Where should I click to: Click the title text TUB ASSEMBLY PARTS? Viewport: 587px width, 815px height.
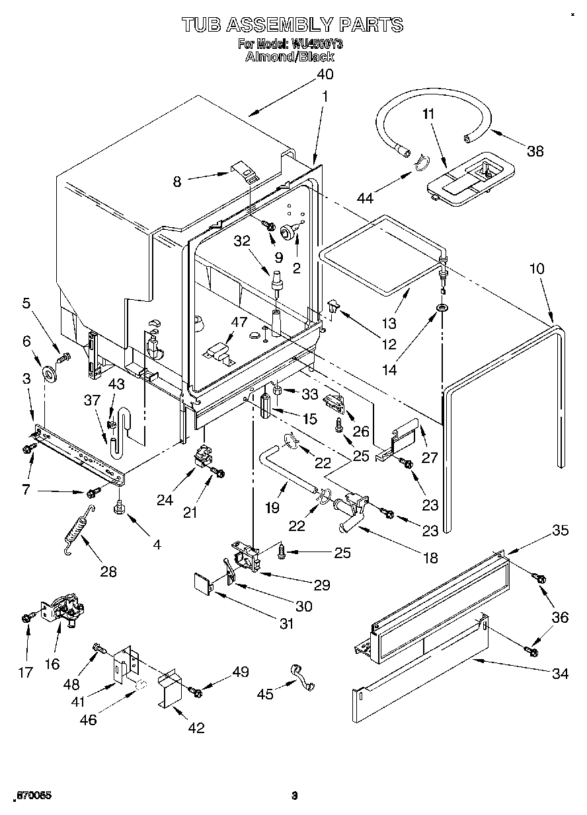pos(292,25)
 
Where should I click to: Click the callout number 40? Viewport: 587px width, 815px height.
pos(324,75)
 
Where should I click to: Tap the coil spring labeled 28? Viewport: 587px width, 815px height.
pos(78,532)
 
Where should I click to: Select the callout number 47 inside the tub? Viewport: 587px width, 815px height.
pos(239,322)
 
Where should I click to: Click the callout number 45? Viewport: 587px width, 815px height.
pos(266,693)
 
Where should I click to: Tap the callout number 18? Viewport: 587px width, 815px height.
pos(430,558)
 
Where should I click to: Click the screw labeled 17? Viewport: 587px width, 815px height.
pos(26,618)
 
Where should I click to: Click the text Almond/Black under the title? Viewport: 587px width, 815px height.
pos(290,57)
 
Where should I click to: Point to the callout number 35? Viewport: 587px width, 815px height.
pos(561,529)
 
